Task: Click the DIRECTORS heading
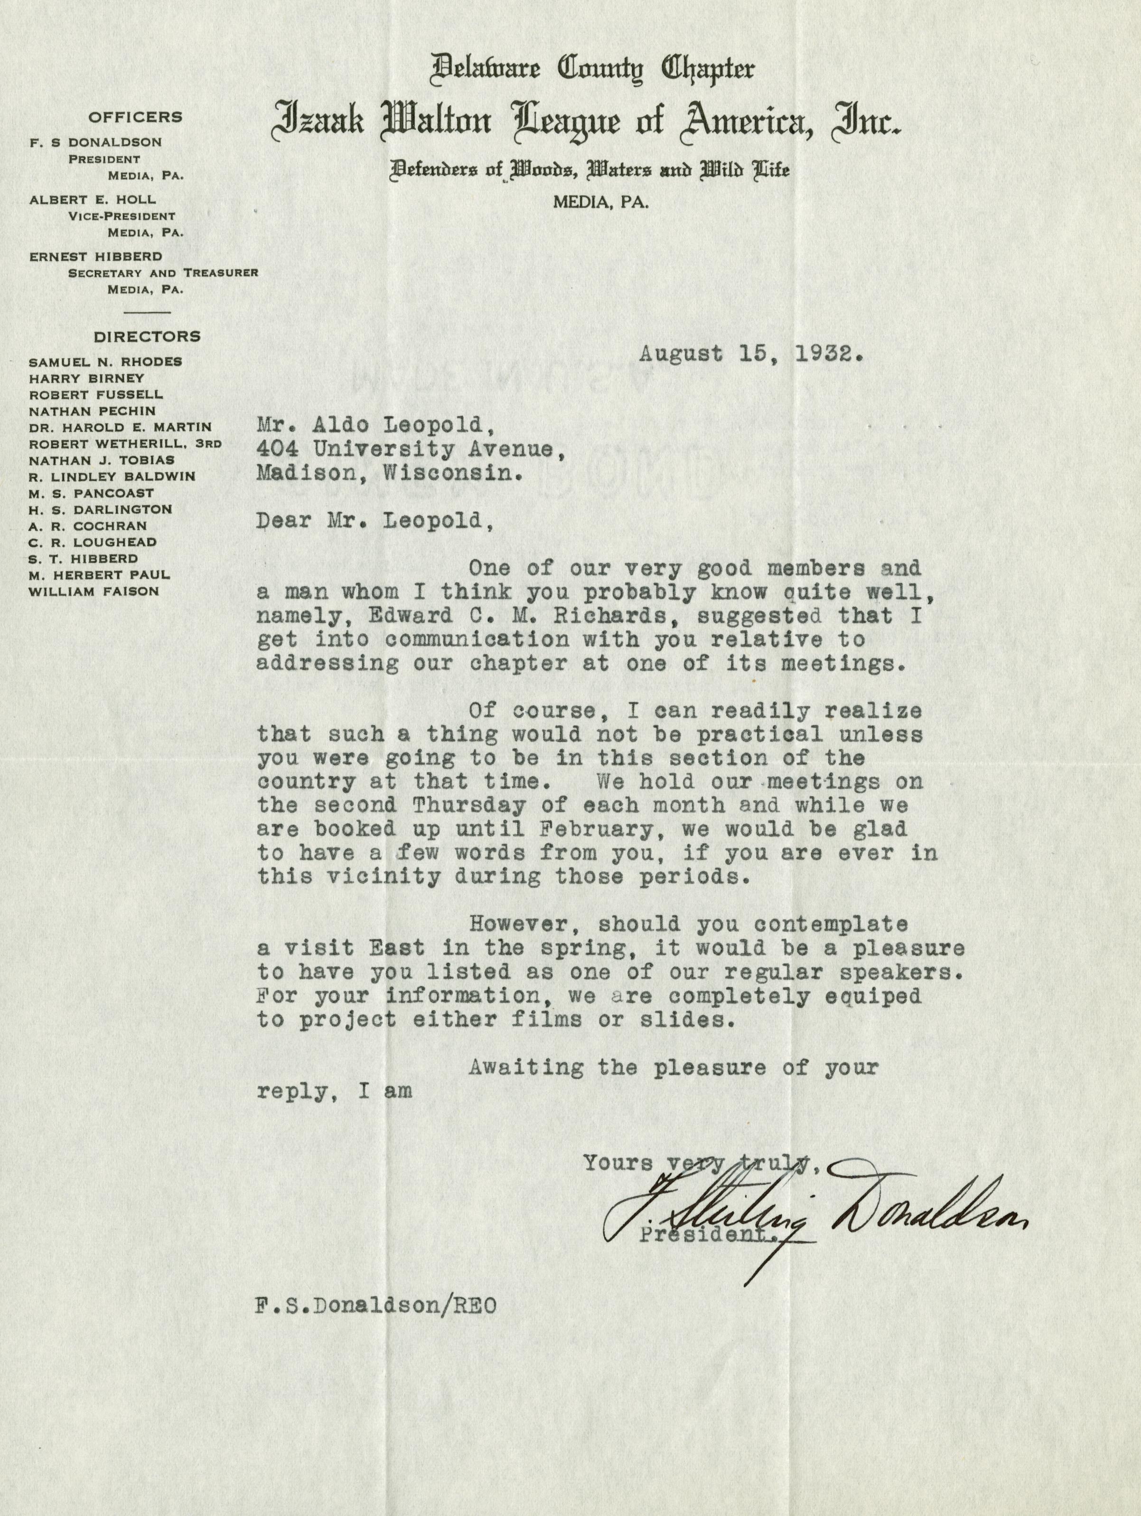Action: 147,336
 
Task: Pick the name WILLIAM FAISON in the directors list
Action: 94,591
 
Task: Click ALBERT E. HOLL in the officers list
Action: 93,200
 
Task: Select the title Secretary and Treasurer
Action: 163,273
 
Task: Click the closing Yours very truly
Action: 695,1163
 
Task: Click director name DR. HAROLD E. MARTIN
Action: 120,427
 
